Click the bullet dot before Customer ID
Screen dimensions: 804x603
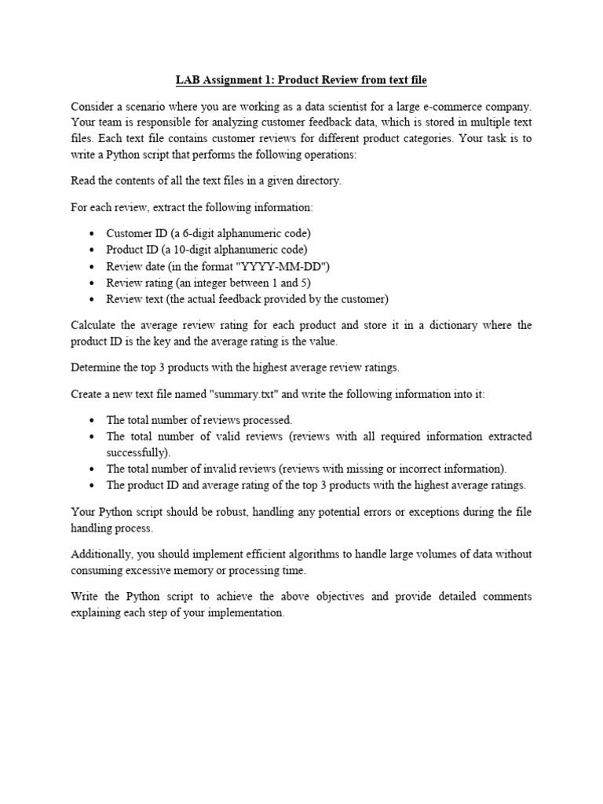point(93,233)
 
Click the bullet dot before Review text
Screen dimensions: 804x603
point(93,298)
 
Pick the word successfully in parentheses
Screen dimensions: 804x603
point(137,452)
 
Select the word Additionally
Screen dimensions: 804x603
point(103,554)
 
